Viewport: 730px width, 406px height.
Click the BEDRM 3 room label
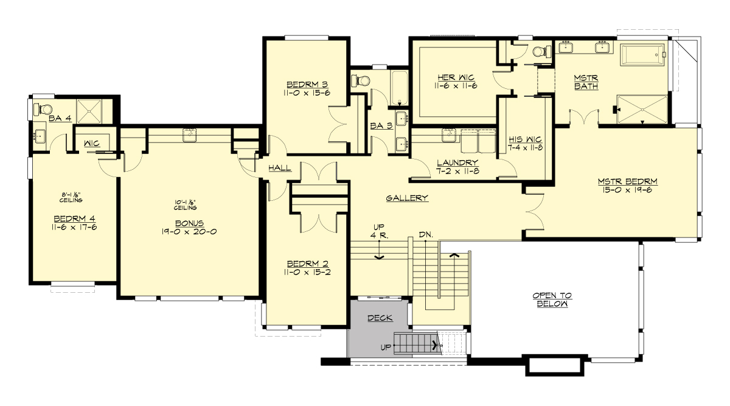click(x=307, y=84)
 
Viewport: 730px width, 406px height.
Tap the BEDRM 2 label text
click(x=307, y=264)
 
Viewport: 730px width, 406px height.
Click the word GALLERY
click(x=407, y=198)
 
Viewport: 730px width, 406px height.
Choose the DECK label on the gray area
click(x=380, y=318)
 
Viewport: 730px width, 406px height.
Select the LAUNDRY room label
click(x=457, y=163)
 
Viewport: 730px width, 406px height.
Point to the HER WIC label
click(x=456, y=77)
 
